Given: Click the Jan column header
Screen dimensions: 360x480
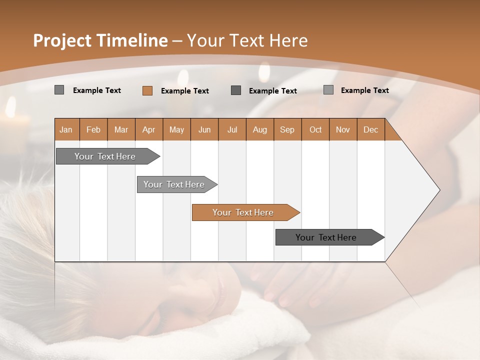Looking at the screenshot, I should coord(66,129).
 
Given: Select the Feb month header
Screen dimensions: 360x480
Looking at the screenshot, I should coord(93,129).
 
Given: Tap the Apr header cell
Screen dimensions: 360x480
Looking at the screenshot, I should coord(148,129).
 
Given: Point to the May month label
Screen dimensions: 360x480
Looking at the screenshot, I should coord(176,129).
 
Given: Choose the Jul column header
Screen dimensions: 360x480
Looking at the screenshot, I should coord(232,129).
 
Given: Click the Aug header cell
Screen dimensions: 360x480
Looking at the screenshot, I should coord(259,129).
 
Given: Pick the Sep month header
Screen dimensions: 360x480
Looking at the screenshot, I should coord(287,129).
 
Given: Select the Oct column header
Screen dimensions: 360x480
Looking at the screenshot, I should coord(315,129).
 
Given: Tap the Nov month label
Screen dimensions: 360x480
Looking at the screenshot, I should coord(342,129).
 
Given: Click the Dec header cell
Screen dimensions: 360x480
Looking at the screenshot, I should coord(370,129).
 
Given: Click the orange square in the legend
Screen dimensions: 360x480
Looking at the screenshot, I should coord(147,90).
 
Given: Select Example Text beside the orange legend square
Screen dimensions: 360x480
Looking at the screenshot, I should coord(185,91).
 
